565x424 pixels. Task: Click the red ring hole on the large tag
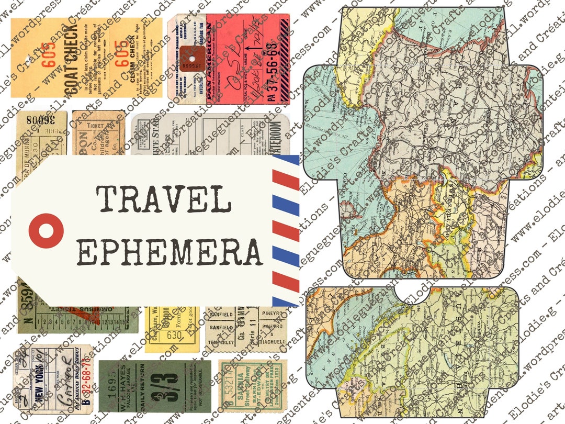pos(46,231)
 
